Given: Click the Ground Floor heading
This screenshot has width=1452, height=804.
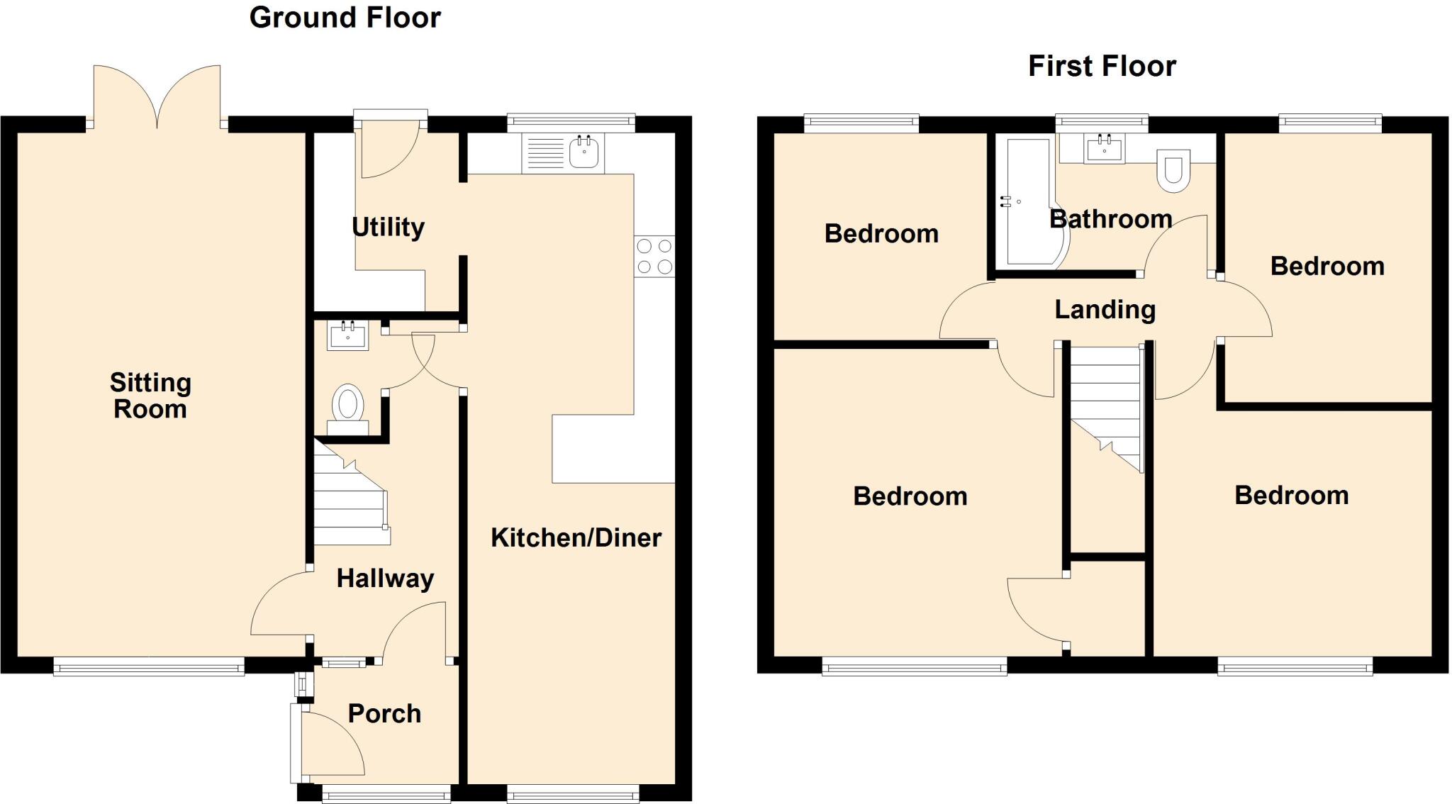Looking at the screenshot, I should tap(345, 18).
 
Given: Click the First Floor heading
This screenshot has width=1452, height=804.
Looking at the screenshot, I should tap(1102, 67).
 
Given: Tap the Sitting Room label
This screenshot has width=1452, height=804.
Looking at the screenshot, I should tap(150, 396).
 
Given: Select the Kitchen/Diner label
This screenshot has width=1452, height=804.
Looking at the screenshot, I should tap(576, 538).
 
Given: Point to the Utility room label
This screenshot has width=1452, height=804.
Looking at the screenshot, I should tap(388, 228).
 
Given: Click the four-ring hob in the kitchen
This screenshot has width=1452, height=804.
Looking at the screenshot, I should tap(654, 257).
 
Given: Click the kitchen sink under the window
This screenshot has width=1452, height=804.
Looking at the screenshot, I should tap(584, 152).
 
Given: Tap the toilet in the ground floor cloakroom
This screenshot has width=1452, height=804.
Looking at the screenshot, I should tap(348, 405).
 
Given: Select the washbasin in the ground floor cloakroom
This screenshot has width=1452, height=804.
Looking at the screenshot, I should tap(347, 335).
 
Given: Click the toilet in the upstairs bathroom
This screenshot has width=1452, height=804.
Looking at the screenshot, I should tap(1173, 169).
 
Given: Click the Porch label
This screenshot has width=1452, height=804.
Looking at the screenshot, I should tap(384, 714).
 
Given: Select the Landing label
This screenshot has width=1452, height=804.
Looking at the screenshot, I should tap(1105, 310).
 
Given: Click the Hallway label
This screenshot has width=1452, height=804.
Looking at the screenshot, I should tap(385, 579).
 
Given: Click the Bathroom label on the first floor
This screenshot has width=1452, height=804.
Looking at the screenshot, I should tap(1110, 219).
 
